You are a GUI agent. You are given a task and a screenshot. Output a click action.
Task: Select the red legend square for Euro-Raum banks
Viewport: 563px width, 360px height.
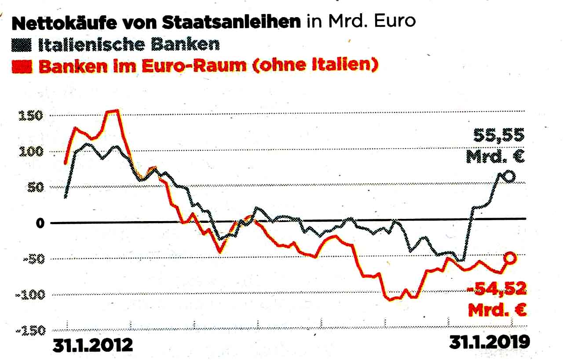click(26, 67)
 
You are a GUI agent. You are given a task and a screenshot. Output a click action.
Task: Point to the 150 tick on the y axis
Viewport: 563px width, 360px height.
click(30, 116)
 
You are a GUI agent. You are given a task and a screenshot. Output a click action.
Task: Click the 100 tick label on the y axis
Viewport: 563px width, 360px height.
click(30, 152)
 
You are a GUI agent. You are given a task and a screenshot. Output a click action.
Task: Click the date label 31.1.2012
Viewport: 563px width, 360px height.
click(92, 345)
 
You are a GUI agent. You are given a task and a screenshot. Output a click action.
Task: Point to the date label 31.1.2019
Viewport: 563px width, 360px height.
click(489, 343)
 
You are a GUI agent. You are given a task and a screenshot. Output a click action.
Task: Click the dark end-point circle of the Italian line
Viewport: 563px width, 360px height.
click(508, 177)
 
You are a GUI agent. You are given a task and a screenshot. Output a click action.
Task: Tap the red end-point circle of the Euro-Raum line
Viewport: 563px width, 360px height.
click(510, 258)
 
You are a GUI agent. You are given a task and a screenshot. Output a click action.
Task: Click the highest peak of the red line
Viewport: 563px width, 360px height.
click(113, 111)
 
